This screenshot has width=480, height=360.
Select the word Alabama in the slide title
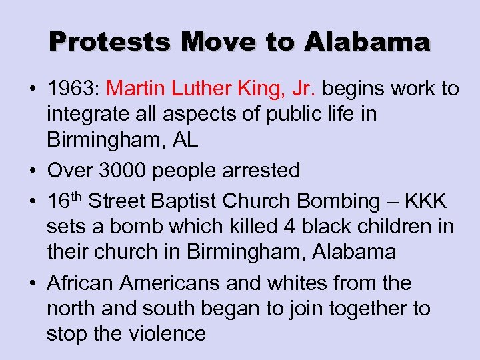click(369, 43)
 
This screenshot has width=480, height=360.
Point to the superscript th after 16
click(76, 195)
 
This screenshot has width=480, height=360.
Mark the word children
click(387, 227)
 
